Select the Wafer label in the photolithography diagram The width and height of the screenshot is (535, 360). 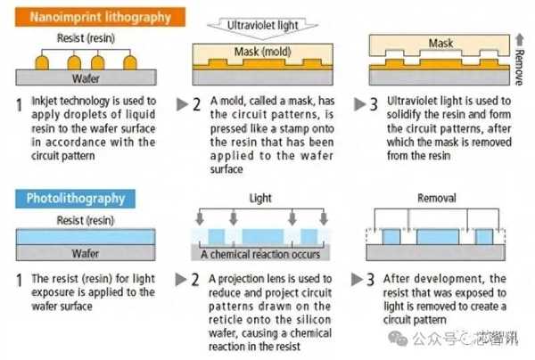[x=86, y=253]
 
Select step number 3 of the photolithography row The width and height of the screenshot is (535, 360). [x=371, y=278]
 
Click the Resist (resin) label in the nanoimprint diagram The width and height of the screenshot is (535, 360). [x=86, y=40]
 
